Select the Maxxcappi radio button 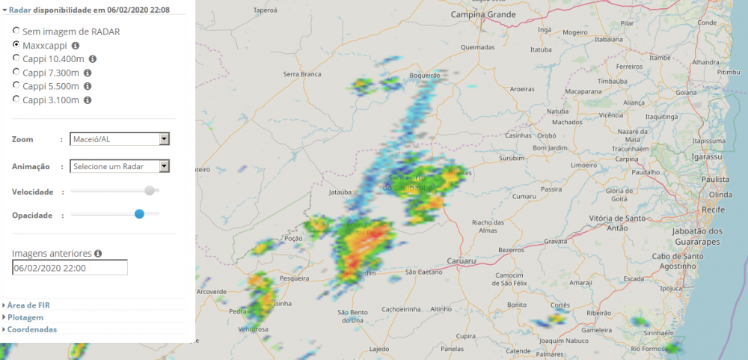pyautogui.click(x=16, y=45)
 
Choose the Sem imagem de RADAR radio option pyautogui.click(x=16, y=31)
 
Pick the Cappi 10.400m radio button pyautogui.click(x=16, y=58)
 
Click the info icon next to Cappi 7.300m pyautogui.click(x=88, y=73)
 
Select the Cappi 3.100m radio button pyautogui.click(x=16, y=99)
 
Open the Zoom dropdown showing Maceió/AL pyautogui.click(x=120, y=139)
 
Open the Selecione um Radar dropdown pyautogui.click(x=120, y=166)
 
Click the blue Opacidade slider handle pyautogui.click(x=139, y=214)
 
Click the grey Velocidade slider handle pyautogui.click(x=150, y=191)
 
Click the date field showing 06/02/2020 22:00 pyautogui.click(x=70, y=268)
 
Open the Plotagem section pyautogui.click(x=25, y=317)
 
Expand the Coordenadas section pyautogui.click(x=32, y=329)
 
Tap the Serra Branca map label pyautogui.click(x=302, y=74)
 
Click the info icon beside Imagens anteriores pyautogui.click(x=98, y=254)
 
